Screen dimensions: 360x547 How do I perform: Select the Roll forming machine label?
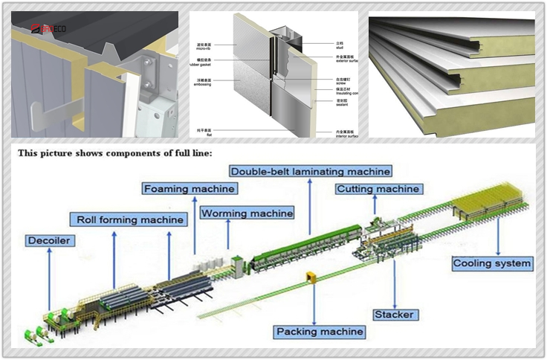[130, 219]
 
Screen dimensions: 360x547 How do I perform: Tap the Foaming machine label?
[190, 189]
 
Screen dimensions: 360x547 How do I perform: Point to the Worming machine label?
[247, 213]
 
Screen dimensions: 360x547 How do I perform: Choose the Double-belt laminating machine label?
[311, 170]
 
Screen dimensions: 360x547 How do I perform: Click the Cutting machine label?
[378, 189]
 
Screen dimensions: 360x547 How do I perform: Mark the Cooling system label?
[493, 263]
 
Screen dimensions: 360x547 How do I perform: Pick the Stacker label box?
[394, 315]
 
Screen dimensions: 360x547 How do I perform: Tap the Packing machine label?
[320, 331]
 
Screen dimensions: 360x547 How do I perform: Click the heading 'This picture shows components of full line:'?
[115, 153]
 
